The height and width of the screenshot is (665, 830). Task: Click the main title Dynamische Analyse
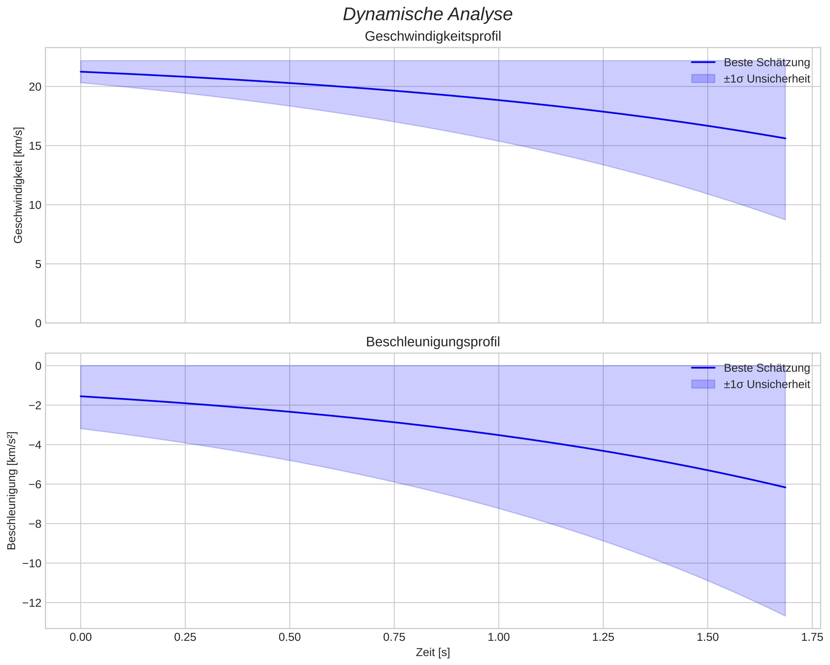(428, 15)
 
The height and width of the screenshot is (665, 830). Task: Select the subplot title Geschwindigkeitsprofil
(433, 36)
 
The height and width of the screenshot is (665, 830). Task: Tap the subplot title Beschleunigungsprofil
(433, 342)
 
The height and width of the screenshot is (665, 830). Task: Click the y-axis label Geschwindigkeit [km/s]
(18, 185)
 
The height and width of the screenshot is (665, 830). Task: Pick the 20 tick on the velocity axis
(35, 87)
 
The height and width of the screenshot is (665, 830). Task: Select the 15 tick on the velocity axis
(35, 146)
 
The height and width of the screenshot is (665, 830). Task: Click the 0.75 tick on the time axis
(394, 637)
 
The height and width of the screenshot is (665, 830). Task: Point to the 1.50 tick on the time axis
(708, 637)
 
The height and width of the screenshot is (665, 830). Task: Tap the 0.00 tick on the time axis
(80, 637)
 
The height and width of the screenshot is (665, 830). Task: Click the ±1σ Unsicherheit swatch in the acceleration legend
(703, 384)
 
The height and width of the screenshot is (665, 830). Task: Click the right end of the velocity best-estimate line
(785, 138)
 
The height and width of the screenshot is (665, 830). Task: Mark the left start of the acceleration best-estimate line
(81, 396)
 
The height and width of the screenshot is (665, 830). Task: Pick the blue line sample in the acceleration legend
(703, 368)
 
